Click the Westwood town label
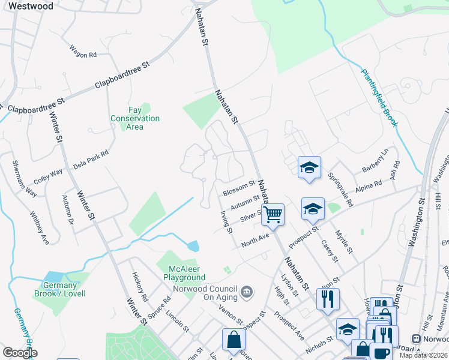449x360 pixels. [31, 6]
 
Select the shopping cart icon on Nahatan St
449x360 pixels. [273, 214]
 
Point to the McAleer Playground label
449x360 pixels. [184, 273]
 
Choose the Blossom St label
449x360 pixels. [239, 188]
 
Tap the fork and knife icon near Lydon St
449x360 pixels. [328, 298]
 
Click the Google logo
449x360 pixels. [20, 353]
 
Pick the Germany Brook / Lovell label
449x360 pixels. [64, 289]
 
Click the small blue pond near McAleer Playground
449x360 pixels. [193, 246]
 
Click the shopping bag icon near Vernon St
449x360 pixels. [234, 340]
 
